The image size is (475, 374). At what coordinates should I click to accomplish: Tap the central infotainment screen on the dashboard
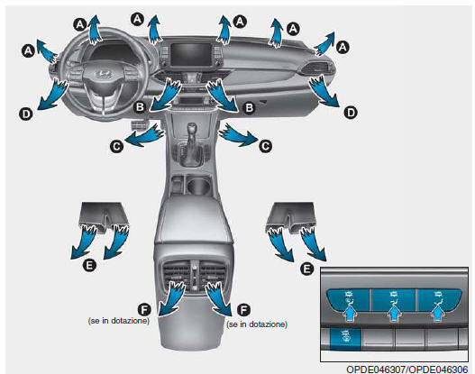coord(189,54)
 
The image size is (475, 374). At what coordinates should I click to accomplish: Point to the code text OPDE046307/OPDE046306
coord(407,369)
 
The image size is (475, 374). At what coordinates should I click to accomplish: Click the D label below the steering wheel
coord(26,114)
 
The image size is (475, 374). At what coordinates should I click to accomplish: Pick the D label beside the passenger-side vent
coord(351,113)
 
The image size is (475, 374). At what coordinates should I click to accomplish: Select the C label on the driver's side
coord(116,147)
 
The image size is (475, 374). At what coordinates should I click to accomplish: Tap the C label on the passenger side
coord(265,146)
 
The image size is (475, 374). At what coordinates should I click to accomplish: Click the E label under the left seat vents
coord(89,266)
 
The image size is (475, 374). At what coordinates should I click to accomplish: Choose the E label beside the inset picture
coord(306,269)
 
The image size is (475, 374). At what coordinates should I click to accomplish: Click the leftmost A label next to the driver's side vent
coord(28,50)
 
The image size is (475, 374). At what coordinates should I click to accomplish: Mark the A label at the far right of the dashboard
coord(343,47)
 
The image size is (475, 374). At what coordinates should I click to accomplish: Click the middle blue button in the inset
coord(393,300)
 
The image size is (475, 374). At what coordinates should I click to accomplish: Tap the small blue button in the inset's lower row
coord(344,339)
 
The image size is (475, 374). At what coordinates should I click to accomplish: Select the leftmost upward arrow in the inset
coord(349,313)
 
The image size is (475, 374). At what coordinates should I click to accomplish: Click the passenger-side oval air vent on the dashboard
coord(317,68)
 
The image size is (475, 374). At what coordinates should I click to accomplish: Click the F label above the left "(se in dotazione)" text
coord(144,310)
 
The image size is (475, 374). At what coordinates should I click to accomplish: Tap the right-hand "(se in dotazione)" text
coord(257,324)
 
